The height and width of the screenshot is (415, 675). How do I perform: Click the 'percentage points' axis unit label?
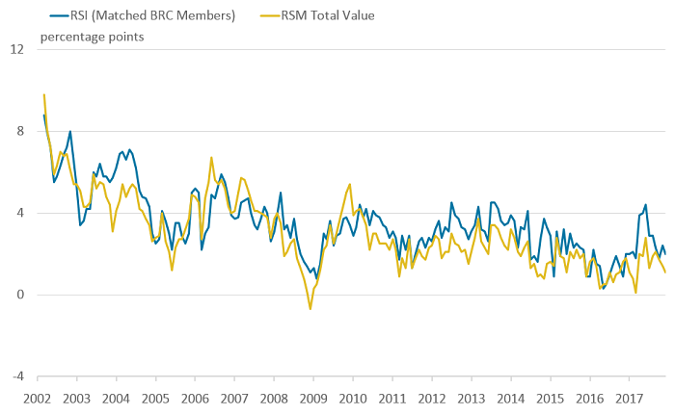[93, 37]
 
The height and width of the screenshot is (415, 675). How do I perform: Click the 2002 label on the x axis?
[38, 398]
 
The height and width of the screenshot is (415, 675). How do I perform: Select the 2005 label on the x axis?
[155, 398]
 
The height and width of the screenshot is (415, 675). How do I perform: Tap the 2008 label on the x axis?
[274, 398]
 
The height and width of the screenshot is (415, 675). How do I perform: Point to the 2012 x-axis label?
[432, 398]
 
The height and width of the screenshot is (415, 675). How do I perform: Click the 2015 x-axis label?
[550, 398]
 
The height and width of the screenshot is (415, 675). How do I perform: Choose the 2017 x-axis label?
[629, 398]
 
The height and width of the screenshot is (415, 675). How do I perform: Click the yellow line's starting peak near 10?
[44, 94]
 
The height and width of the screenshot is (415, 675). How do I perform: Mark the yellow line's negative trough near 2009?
[310, 308]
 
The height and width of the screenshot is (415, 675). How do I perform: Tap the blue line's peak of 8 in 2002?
[70, 131]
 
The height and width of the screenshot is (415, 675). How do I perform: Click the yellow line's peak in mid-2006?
[211, 158]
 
